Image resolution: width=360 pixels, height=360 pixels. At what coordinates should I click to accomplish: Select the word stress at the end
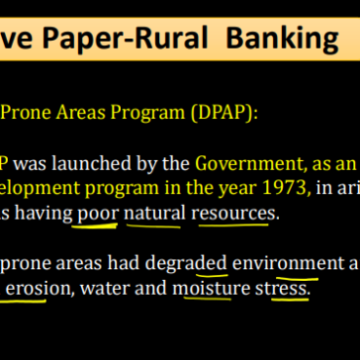(x=283, y=289)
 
